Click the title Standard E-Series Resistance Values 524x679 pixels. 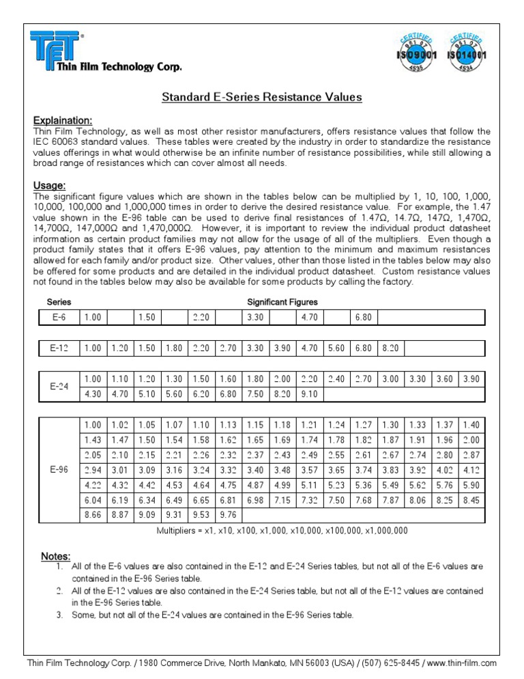pos(261,97)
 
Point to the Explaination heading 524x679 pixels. pos(62,120)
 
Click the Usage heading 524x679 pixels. pos(49,185)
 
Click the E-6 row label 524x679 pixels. pos(59,318)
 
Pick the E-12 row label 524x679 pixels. pos(59,348)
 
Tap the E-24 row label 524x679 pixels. pos(59,387)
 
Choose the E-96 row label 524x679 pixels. pos(59,470)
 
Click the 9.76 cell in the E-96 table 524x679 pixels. pos(229,515)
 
